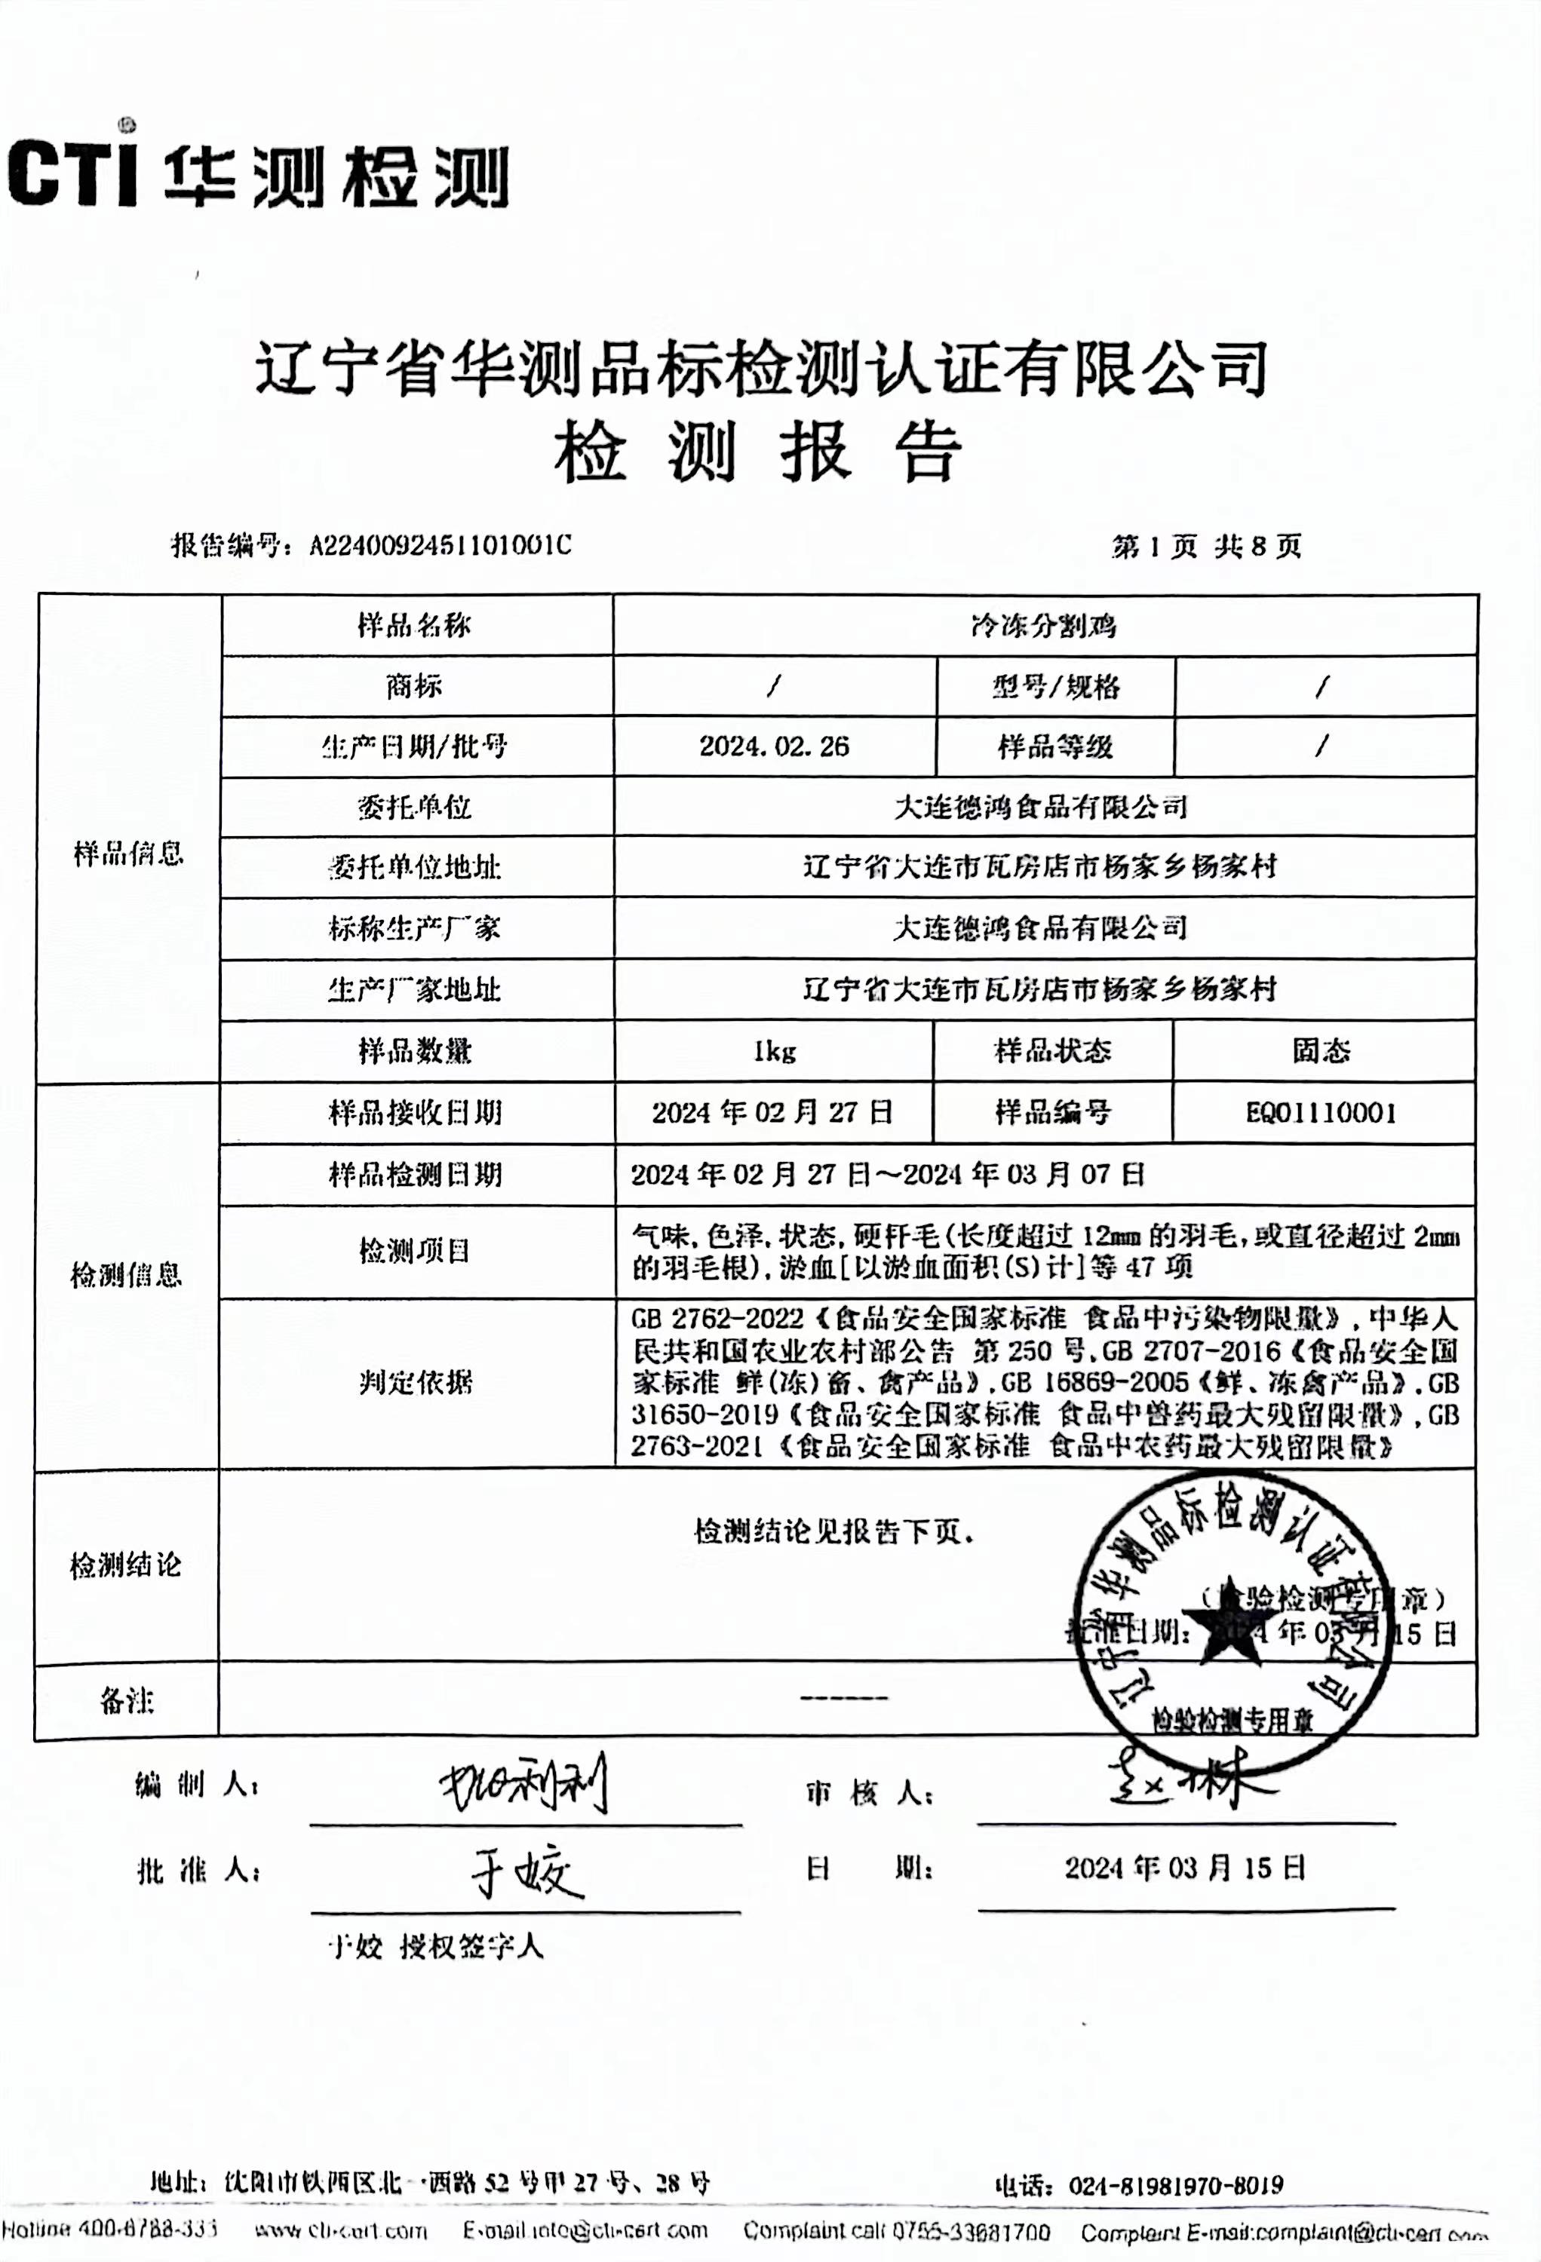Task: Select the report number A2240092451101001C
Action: [440, 545]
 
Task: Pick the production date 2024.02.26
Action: [774, 746]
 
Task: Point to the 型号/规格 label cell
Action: [1055, 687]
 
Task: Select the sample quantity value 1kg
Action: [774, 1051]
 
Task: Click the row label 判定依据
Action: [416, 1382]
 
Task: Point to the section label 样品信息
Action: [128, 854]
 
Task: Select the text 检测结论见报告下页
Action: [833, 1532]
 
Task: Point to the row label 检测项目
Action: [416, 1251]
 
